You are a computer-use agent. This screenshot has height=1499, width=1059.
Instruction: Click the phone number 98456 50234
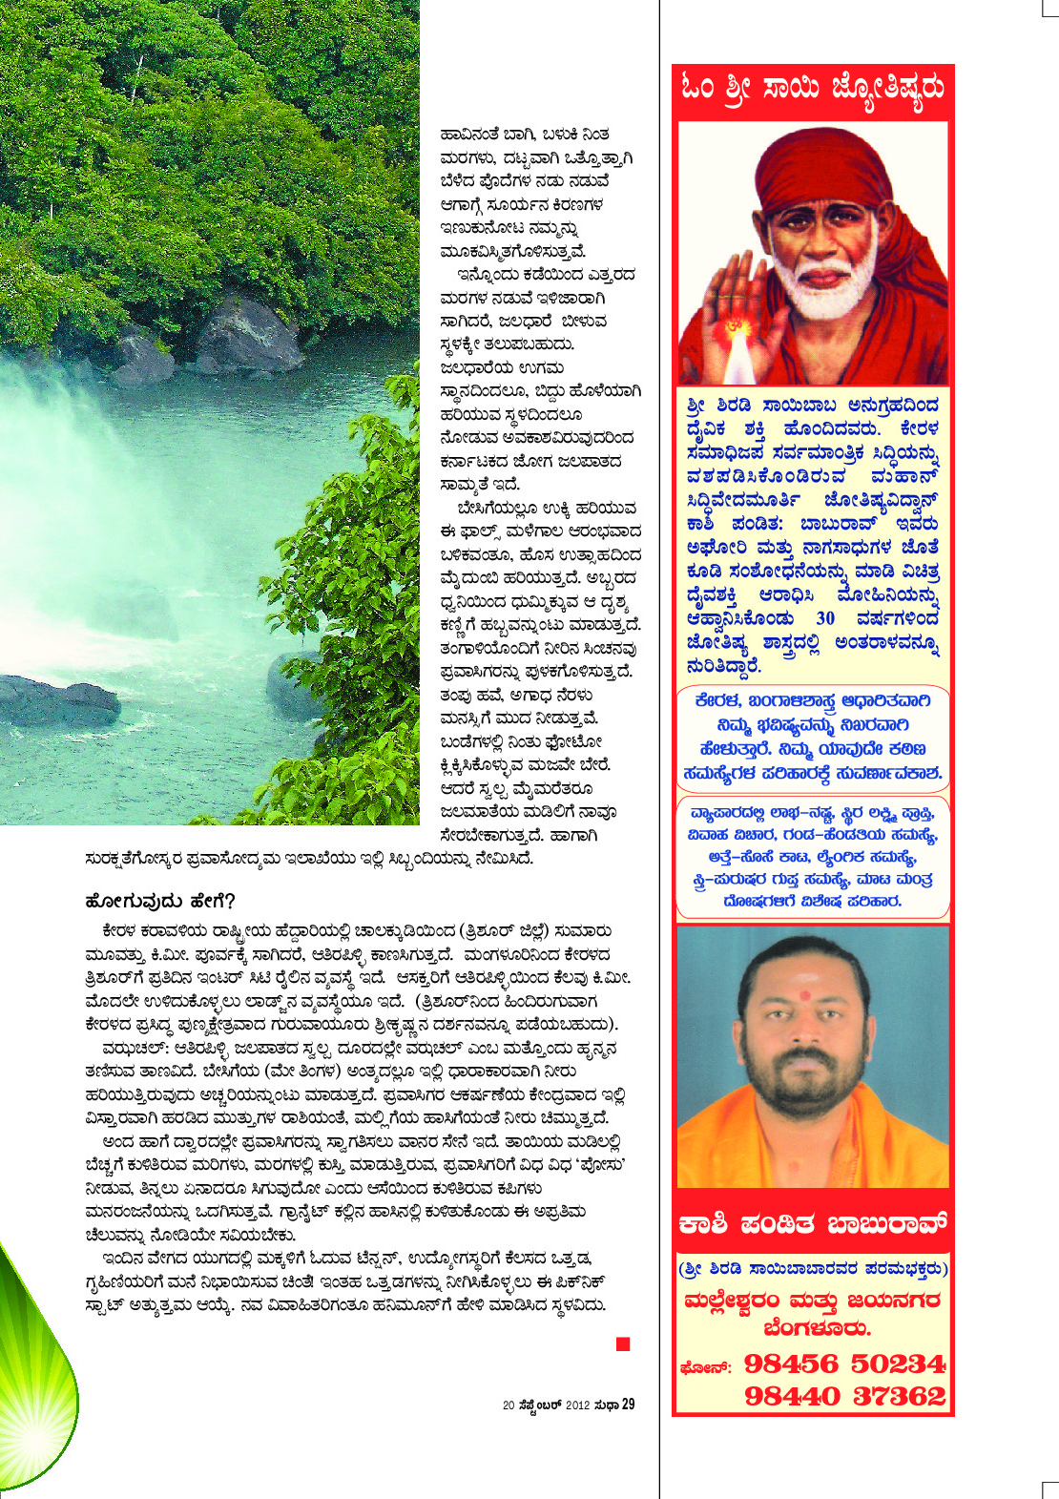pos(843,1364)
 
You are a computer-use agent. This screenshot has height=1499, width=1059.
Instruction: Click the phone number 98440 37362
pos(843,1397)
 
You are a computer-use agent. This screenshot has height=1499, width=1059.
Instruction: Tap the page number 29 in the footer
pos(628,1405)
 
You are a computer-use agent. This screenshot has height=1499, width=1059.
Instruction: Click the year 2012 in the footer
pos(578,1405)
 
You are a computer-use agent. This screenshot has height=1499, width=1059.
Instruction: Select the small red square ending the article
pos(623,1344)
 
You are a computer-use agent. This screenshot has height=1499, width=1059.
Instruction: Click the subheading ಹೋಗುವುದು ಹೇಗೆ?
pos(159,902)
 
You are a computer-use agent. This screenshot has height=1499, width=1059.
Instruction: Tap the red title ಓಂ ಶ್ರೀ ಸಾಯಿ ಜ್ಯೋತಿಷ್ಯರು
pos(813,88)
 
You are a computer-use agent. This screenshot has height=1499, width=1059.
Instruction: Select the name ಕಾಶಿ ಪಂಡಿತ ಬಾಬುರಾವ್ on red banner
pos(813,1224)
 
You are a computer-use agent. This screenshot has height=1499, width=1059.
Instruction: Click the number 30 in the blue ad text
pos(825,618)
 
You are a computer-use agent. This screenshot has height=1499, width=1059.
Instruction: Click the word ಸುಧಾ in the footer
pos(606,1405)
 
